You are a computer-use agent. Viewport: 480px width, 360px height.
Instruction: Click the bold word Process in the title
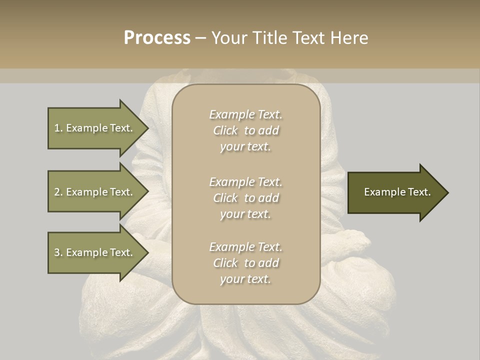tap(157, 38)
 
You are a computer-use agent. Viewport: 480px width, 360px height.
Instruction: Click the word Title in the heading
tap(269, 38)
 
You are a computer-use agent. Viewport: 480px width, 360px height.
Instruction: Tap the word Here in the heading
tap(348, 38)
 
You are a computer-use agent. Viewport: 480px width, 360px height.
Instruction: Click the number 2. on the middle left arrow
tap(58, 192)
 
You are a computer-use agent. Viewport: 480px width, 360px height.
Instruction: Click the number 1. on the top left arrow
tap(58, 128)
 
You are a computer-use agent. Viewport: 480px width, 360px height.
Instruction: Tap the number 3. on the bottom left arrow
tap(58, 252)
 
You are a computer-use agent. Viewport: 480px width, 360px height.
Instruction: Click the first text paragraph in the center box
tap(245, 130)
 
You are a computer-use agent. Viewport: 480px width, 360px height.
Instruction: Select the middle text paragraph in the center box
tap(245, 198)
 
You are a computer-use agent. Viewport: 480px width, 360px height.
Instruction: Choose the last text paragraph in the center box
tap(245, 263)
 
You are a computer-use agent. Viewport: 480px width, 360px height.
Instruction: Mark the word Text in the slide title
tap(308, 38)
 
